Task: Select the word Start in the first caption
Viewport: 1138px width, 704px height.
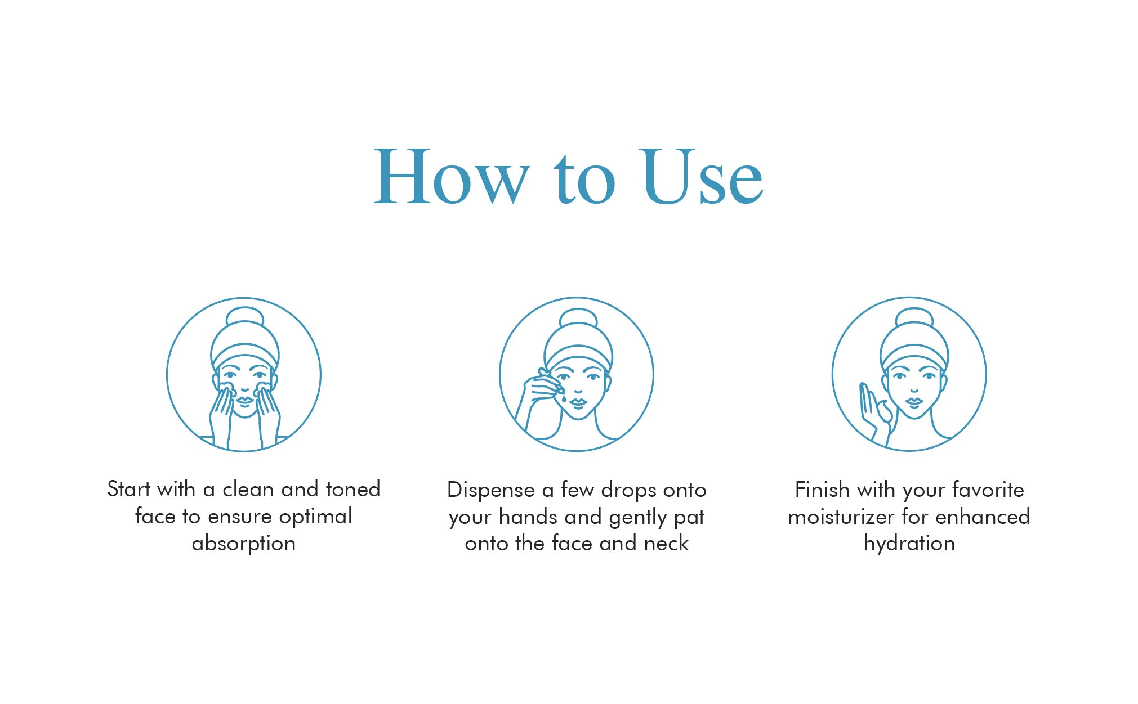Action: click(129, 489)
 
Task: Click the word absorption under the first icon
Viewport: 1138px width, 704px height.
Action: click(244, 544)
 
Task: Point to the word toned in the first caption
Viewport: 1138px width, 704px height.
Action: click(353, 489)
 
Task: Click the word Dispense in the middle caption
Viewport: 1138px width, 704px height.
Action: click(490, 490)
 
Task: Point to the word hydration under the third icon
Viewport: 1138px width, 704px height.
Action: click(909, 544)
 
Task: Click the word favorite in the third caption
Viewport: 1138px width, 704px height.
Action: click(988, 490)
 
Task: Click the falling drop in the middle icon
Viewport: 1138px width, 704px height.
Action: click(564, 398)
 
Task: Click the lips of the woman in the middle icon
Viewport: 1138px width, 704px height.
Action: click(578, 402)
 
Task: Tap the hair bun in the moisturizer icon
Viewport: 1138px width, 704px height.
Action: click(914, 316)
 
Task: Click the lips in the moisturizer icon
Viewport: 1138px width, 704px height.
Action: click(914, 402)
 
